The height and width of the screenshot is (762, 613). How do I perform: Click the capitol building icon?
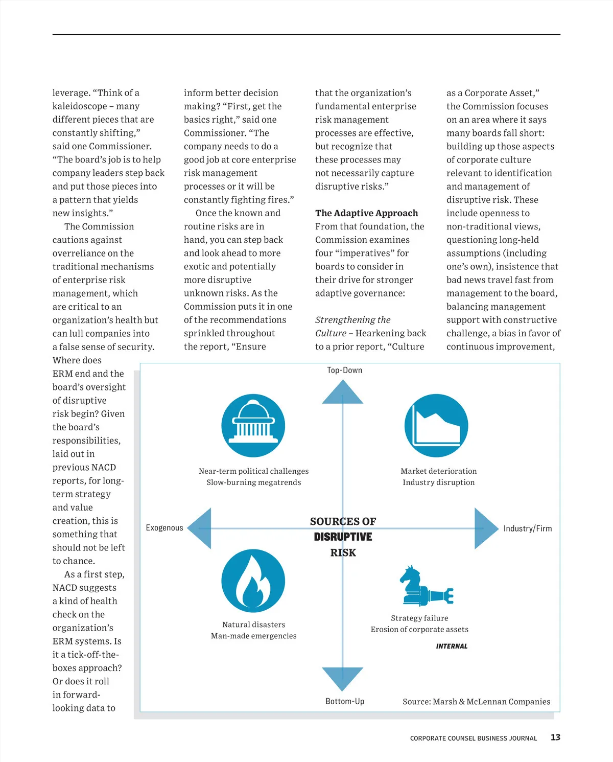pos(253,426)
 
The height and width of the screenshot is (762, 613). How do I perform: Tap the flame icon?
pos(253,581)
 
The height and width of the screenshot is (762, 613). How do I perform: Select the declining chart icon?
pos(436,426)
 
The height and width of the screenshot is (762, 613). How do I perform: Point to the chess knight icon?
pos(425,586)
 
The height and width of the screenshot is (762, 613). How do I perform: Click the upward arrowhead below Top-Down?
pos(342,392)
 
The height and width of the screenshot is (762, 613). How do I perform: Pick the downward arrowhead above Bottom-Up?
pos(342,678)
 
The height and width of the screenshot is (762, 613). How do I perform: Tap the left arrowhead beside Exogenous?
pos(200,528)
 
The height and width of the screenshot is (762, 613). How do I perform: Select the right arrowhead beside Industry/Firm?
pos(485,528)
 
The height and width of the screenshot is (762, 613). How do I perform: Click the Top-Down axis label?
pos(344,370)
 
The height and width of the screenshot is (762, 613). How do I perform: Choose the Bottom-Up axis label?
pos(345,701)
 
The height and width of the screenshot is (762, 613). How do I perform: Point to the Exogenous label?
pos(164,528)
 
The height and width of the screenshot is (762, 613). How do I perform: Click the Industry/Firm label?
pos(527,528)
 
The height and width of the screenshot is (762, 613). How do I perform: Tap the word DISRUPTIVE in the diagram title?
pos(343,537)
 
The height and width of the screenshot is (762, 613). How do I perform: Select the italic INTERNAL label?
pos(452,646)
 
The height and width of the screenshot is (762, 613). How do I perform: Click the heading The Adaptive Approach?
pos(366,213)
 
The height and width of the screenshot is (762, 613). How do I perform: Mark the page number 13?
pos(555,737)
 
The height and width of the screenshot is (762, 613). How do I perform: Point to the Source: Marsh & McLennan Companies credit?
pos(476,702)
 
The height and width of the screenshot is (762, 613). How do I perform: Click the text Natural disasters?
pos(253,625)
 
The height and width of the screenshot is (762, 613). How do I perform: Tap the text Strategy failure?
pos(419,618)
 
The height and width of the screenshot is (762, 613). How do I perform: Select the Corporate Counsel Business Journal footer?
pos(473,738)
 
